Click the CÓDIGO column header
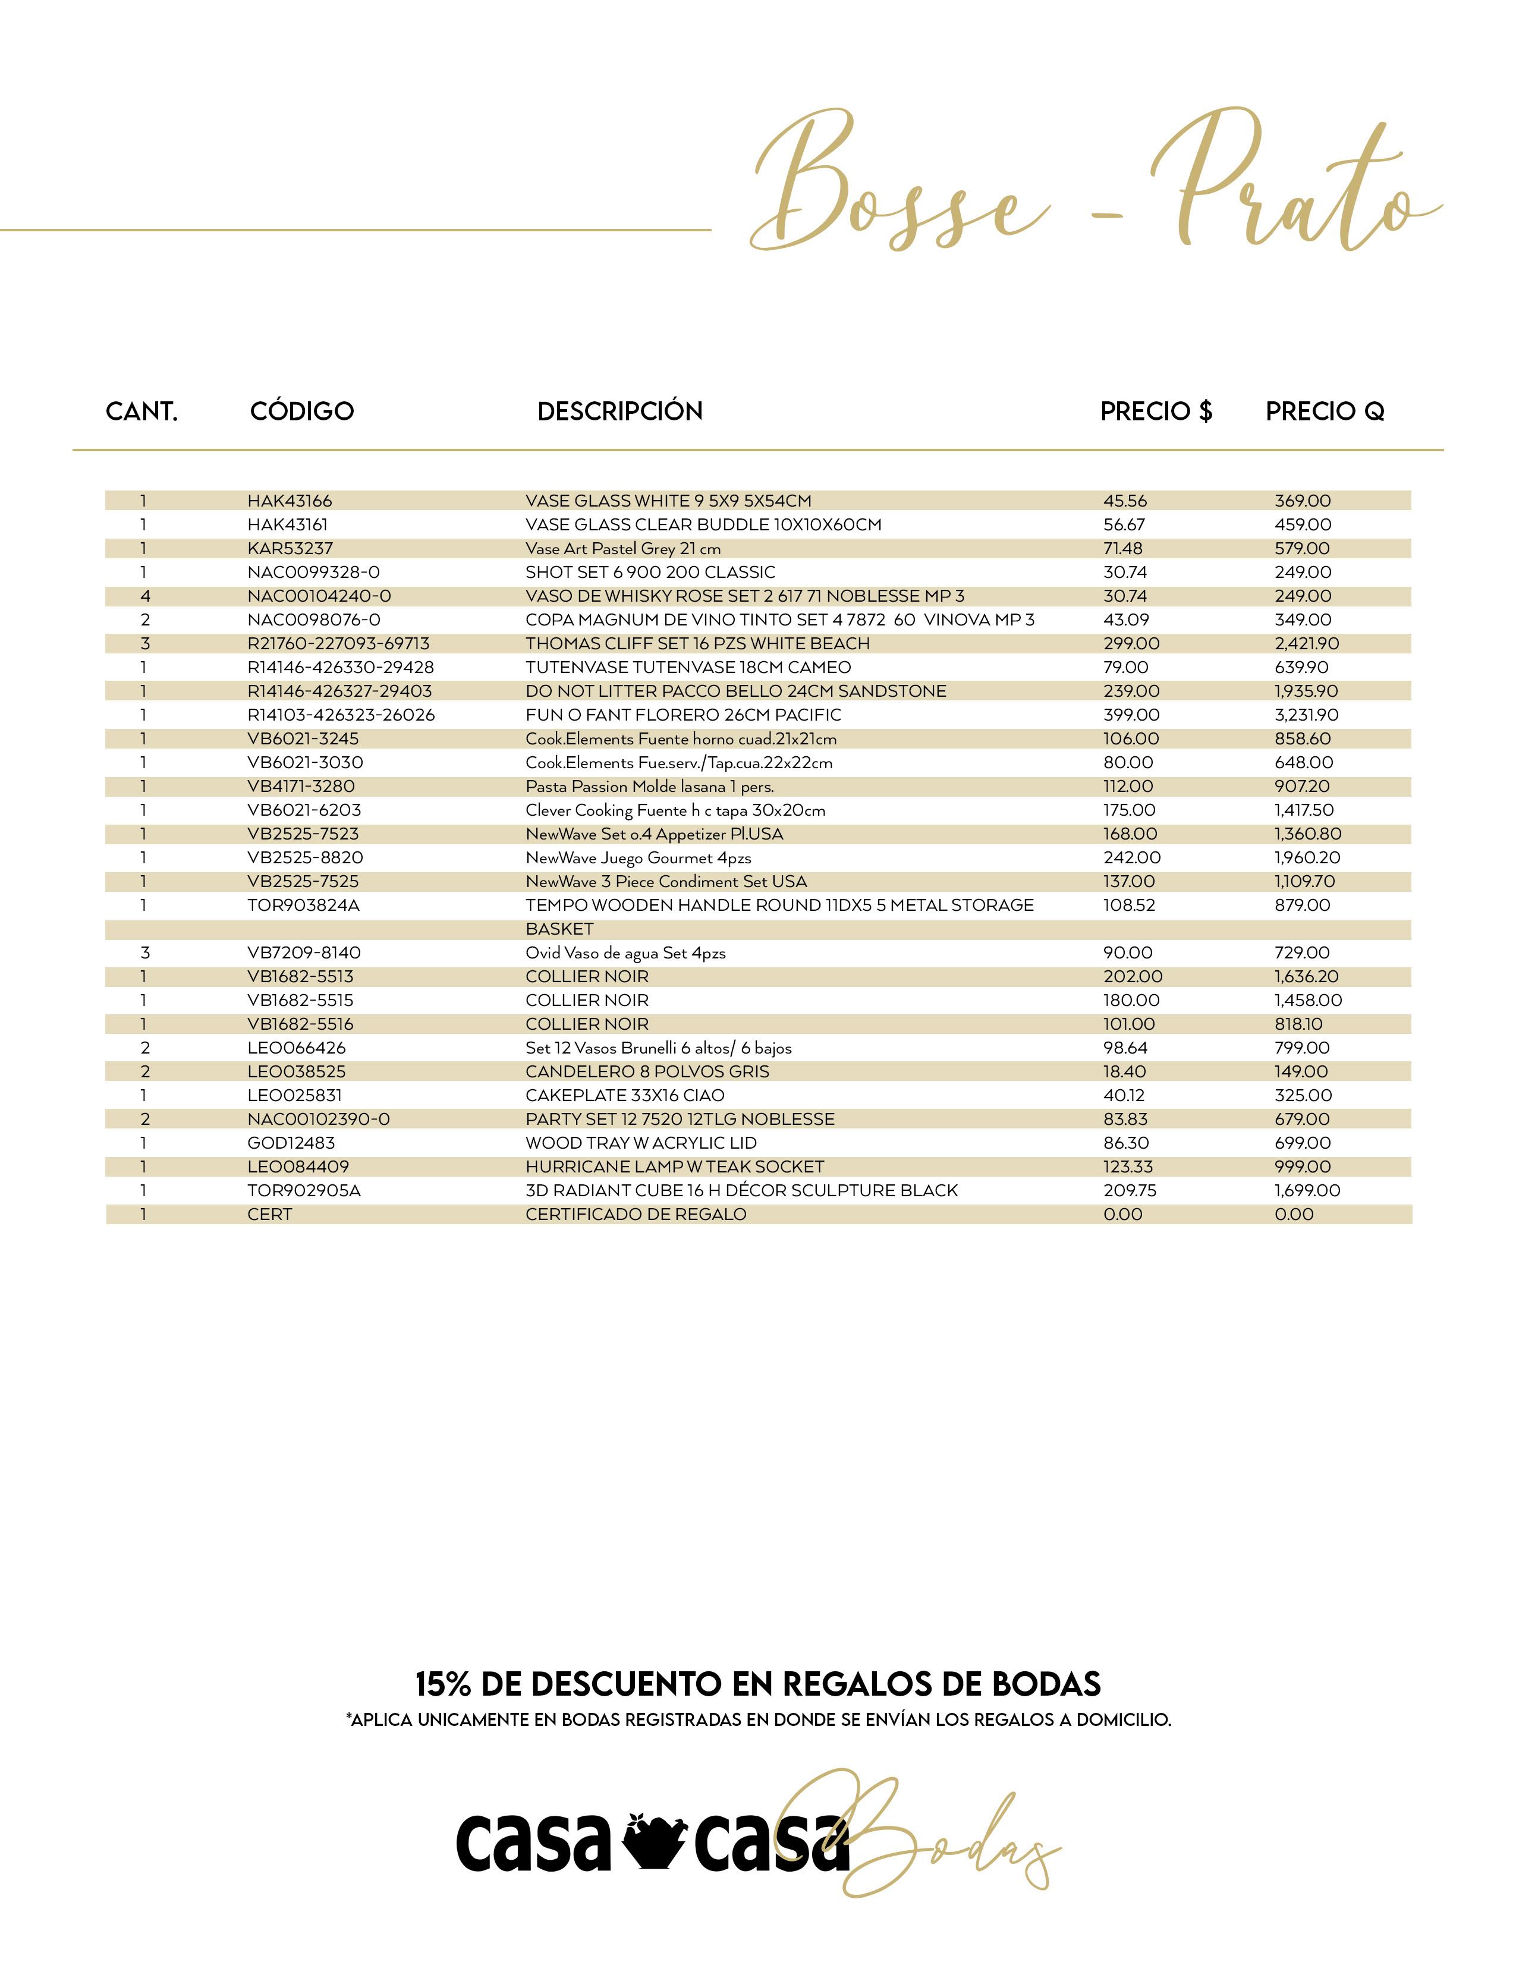pyautogui.click(x=302, y=411)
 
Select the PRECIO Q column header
pyautogui.click(x=1325, y=411)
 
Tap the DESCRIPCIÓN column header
pyautogui.click(x=619, y=411)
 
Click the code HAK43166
pyautogui.click(x=289, y=501)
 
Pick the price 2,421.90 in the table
pyautogui.click(x=1307, y=644)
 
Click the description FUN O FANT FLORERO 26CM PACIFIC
pyautogui.click(x=684, y=715)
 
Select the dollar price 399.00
pyautogui.click(x=1131, y=715)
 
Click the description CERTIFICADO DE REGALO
pyautogui.click(x=636, y=1215)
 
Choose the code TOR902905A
pyautogui.click(x=304, y=1190)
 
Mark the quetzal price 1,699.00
pyautogui.click(x=1307, y=1190)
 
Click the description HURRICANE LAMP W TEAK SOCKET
pyautogui.click(x=675, y=1167)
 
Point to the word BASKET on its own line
pyautogui.click(x=559, y=929)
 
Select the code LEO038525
pyautogui.click(x=297, y=1072)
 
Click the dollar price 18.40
pyautogui.click(x=1124, y=1072)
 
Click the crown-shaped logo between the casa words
pyautogui.click(x=653, y=1839)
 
